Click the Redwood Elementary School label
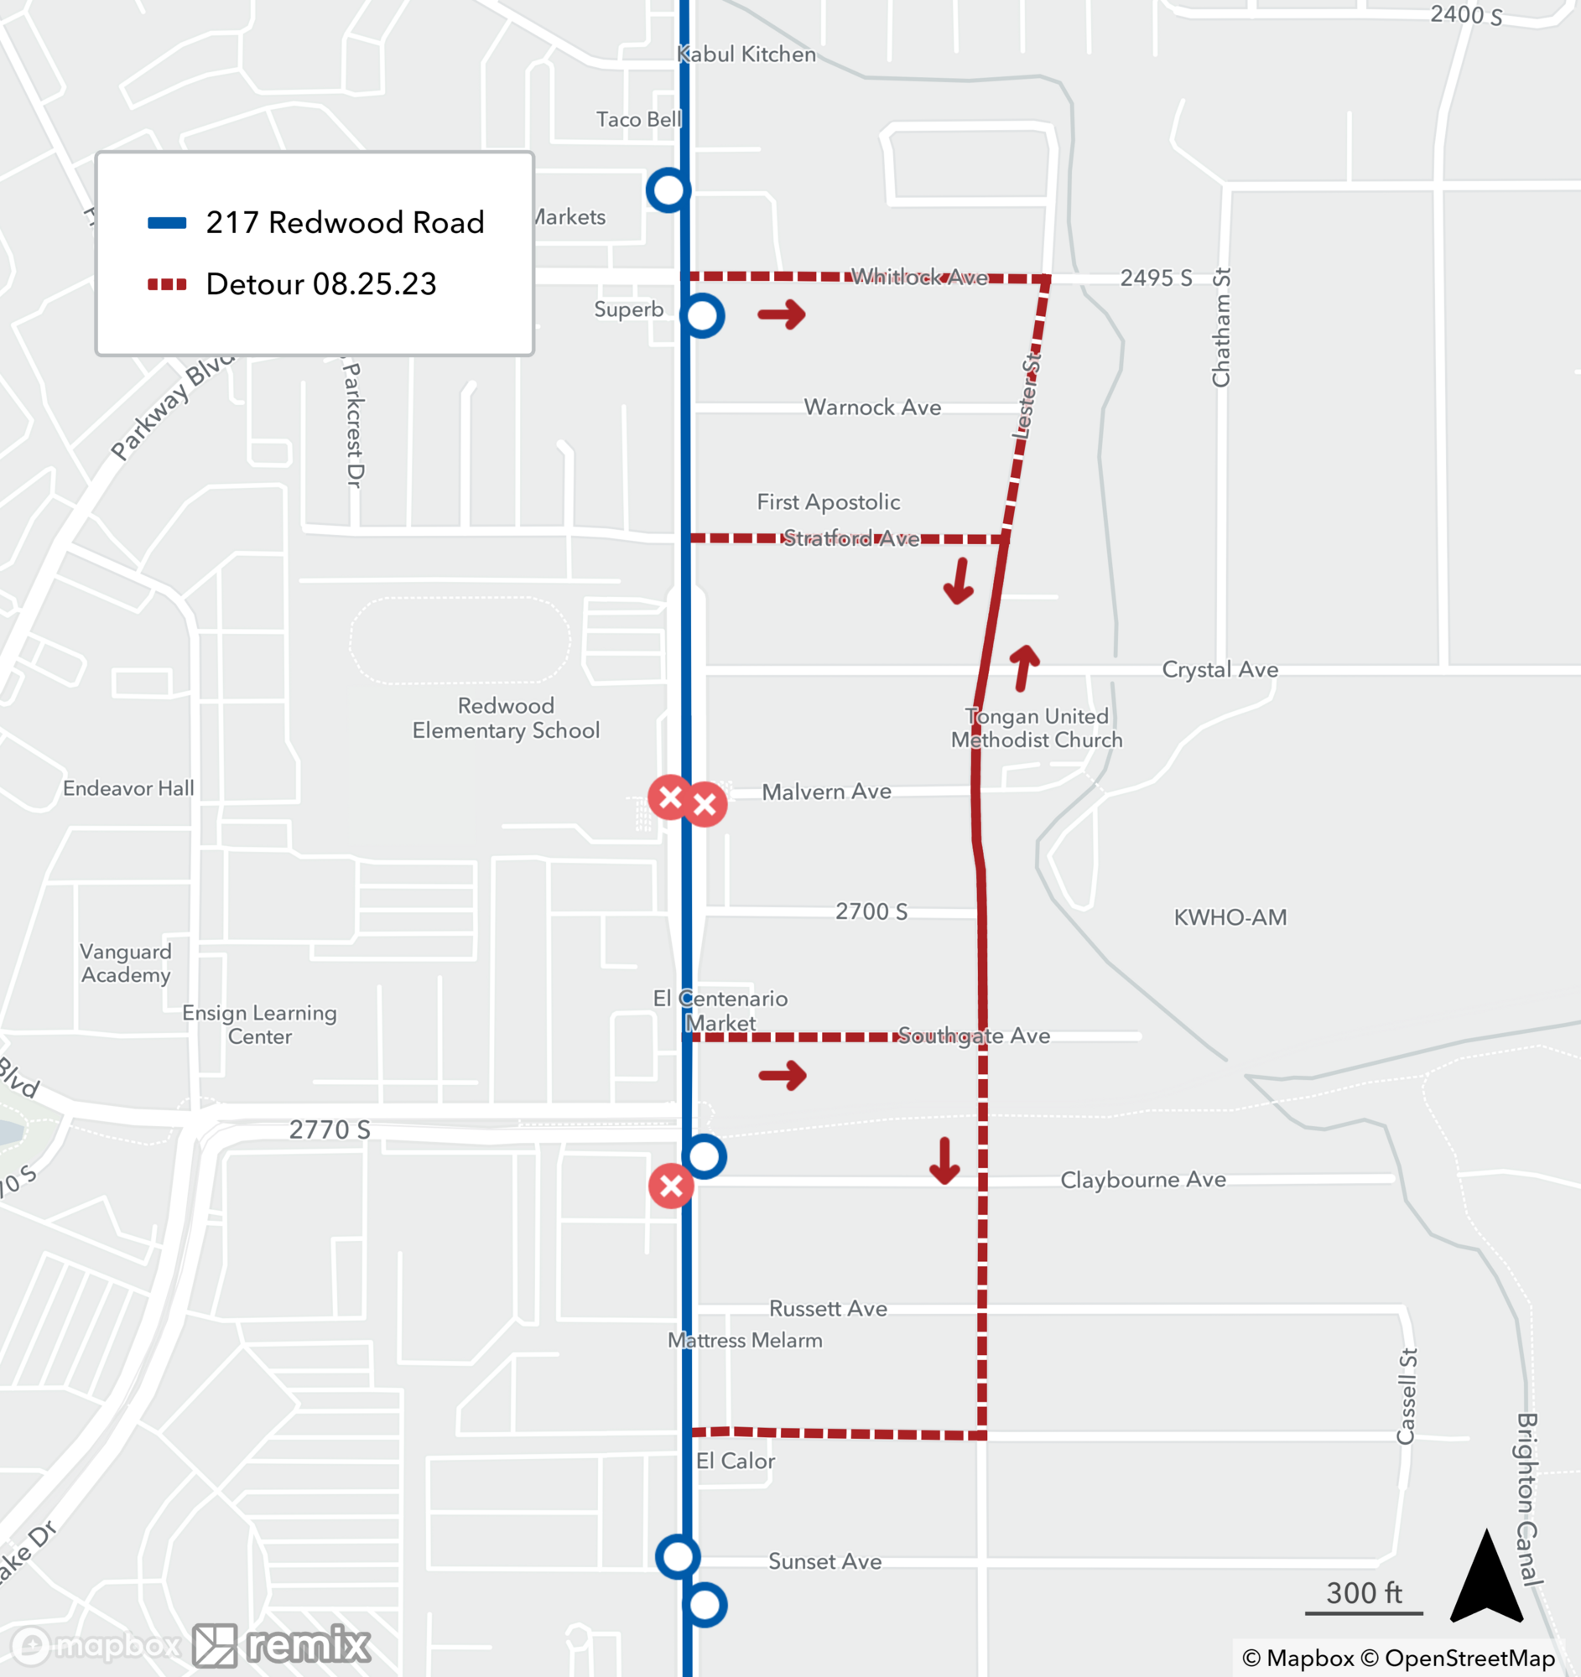click(506, 718)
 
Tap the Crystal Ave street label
click(1219, 670)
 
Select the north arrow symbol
click(1485, 1576)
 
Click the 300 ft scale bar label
click(1363, 1592)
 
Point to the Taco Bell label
click(638, 120)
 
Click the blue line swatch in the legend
click(167, 224)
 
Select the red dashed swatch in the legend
click(167, 284)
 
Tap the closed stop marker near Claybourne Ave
click(671, 1186)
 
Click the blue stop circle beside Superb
click(702, 316)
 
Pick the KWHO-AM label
click(1230, 918)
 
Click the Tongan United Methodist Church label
click(1036, 728)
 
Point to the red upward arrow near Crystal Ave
click(1024, 667)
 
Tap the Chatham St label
click(1220, 327)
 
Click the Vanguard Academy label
click(126, 963)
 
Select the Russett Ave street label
click(828, 1308)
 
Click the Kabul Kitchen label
click(746, 55)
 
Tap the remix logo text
click(308, 1644)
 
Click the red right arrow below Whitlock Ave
click(781, 314)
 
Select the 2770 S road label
click(330, 1129)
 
